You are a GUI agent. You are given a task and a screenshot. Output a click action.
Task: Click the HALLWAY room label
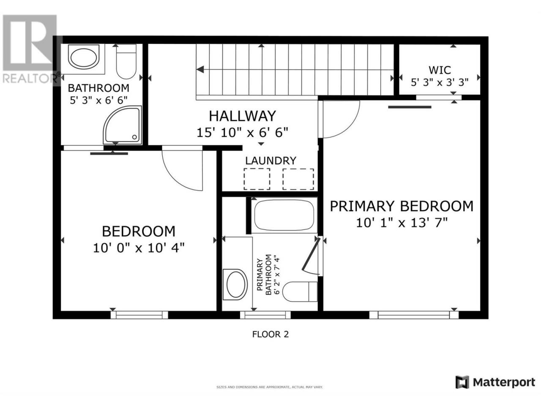tap(242, 116)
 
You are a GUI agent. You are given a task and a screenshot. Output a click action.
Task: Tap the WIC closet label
tap(440, 70)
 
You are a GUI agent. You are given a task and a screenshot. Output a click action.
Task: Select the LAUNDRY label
tap(270, 161)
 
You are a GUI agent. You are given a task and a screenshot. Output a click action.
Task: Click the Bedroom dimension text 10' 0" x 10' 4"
tap(139, 247)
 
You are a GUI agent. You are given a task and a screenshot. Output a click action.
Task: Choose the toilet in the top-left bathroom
tap(126, 61)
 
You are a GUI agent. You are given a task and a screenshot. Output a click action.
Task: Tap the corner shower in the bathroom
tap(123, 125)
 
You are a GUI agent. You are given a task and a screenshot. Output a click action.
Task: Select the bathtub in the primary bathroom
tap(284, 215)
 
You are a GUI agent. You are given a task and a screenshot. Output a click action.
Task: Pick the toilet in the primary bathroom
tap(300, 292)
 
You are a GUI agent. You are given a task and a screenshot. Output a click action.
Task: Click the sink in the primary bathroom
tap(235, 285)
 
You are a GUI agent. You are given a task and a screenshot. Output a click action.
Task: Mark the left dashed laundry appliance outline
tap(257, 179)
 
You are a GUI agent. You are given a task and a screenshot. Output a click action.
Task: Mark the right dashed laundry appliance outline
tap(298, 179)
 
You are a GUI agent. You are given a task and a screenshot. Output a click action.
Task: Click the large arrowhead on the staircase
tap(200, 69)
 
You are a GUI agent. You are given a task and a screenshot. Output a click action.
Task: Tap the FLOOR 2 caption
tap(270, 334)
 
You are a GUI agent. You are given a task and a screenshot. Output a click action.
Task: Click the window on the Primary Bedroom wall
tap(414, 315)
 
